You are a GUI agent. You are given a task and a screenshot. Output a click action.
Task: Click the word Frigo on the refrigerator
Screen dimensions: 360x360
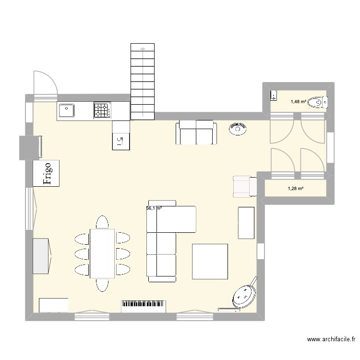(47, 173)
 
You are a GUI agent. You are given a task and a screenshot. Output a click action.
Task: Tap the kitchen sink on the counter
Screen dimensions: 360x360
(66, 111)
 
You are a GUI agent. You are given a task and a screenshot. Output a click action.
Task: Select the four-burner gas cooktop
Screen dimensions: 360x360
(101, 111)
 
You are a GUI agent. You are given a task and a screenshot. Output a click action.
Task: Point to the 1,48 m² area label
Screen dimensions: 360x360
(297, 101)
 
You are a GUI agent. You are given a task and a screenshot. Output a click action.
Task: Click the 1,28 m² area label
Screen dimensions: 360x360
(295, 188)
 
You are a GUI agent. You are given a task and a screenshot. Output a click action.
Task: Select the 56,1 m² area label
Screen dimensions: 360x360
(154, 208)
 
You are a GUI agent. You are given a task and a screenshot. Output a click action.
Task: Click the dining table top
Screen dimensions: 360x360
(102, 253)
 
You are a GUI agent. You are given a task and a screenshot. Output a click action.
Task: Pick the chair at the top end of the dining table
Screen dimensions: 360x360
(102, 222)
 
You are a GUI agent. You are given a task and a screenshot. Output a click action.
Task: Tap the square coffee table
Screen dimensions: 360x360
(210, 261)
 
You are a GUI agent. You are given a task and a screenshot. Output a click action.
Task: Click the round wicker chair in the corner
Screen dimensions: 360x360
(244, 296)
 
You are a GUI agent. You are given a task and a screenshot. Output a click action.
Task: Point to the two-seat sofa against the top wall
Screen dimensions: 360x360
(196, 133)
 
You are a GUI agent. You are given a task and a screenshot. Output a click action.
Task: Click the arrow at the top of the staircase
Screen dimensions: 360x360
(143, 48)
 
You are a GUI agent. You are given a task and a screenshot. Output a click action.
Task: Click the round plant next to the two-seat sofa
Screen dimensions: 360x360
(238, 128)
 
